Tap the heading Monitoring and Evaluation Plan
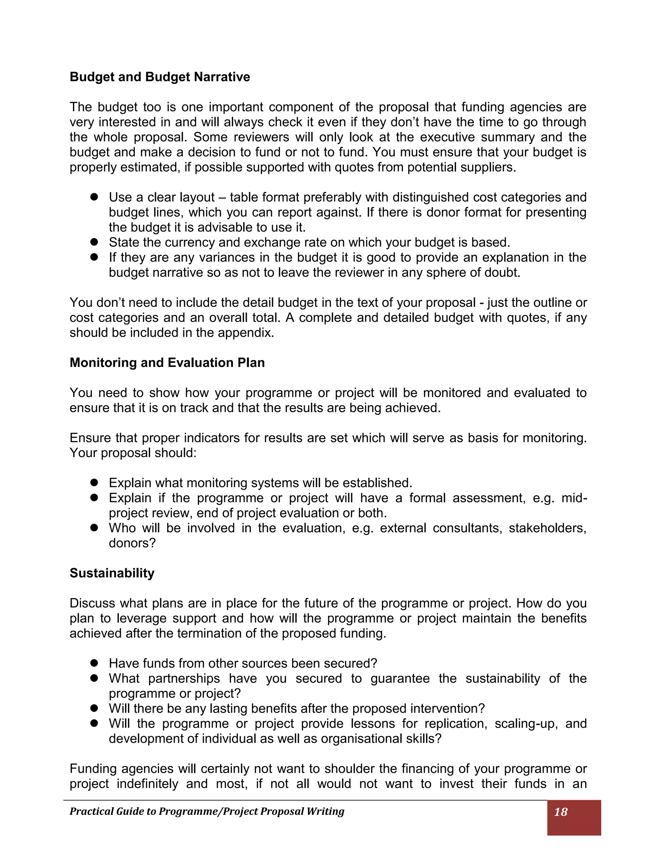(167, 362)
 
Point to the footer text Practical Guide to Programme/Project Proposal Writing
(207, 811)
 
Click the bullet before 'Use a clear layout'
(94, 197)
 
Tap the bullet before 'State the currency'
(94, 242)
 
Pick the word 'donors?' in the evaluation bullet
(132, 543)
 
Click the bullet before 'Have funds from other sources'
(94, 663)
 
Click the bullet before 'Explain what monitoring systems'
(94, 483)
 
